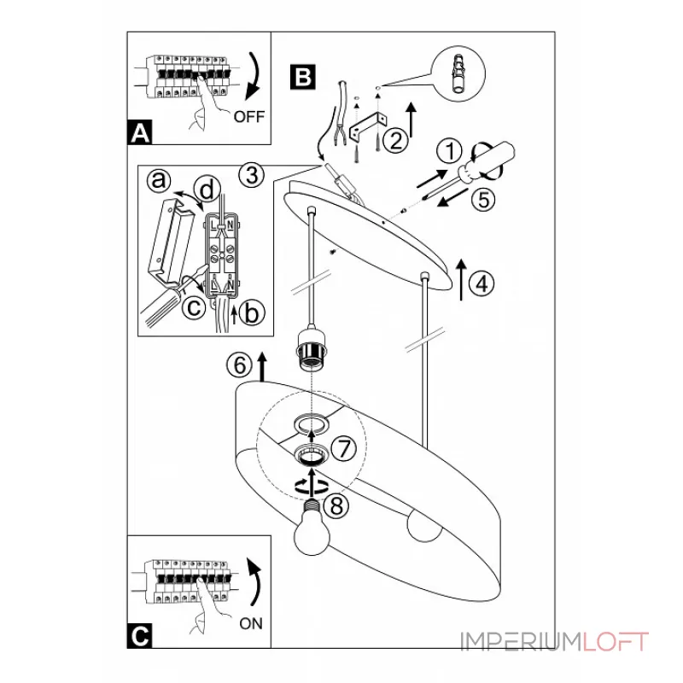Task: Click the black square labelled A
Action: pos(140,132)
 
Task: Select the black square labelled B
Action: pos(303,77)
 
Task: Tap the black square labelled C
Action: pos(140,635)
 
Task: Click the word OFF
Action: pos(249,117)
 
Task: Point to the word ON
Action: pos(251,624)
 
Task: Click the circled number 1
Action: pos(450,151)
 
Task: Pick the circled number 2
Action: pos(396,140)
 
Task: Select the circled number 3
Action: pos(252,176)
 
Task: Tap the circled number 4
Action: pos(482,284)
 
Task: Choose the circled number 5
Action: pos(483,200)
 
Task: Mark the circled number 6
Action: pos(240,365)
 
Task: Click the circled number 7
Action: pos(344,449)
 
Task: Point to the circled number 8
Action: pos(336,506)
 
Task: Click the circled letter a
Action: pos(159,180)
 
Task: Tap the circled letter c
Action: pos(194,307)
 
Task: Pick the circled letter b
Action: pos(252,312)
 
